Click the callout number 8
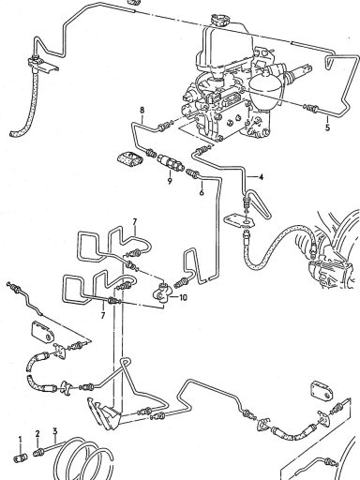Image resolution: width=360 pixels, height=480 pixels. [x=142, y=110]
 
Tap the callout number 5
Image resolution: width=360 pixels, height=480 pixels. [x=327, y=127]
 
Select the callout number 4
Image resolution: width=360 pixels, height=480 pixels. [x=261, y=177]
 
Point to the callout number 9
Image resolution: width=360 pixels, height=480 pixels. [x=170, y=181]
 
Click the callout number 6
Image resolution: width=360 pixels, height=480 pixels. [x=202, y=192]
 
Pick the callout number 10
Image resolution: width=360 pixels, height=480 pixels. [x=183, y=297]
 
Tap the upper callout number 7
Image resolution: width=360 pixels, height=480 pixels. [x=135, y=222]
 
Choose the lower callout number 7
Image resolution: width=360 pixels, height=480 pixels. [x=103, y=315]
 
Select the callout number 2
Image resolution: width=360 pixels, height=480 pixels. [x=37, y=434]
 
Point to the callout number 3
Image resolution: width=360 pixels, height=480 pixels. [x=55, y=432]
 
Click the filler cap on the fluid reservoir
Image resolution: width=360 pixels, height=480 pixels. [x=219, y=20]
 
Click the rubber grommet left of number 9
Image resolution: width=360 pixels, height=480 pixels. [x=129, y=159]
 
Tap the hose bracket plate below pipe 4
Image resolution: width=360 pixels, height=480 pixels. [x=239, y=219]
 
